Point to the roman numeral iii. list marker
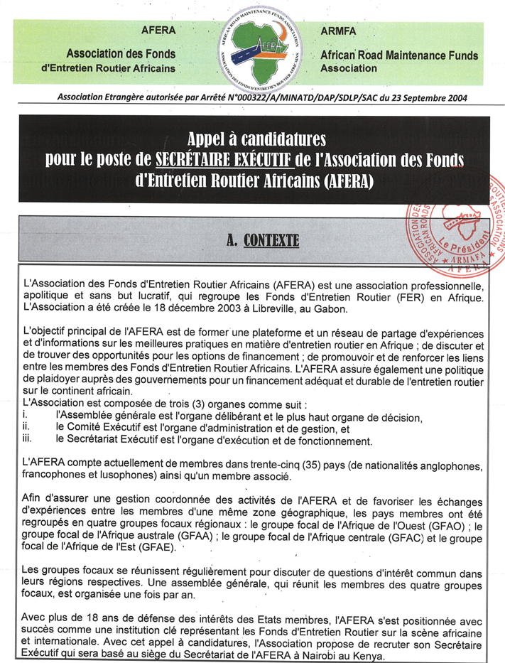pyautogui.click(x=28, y=441)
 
